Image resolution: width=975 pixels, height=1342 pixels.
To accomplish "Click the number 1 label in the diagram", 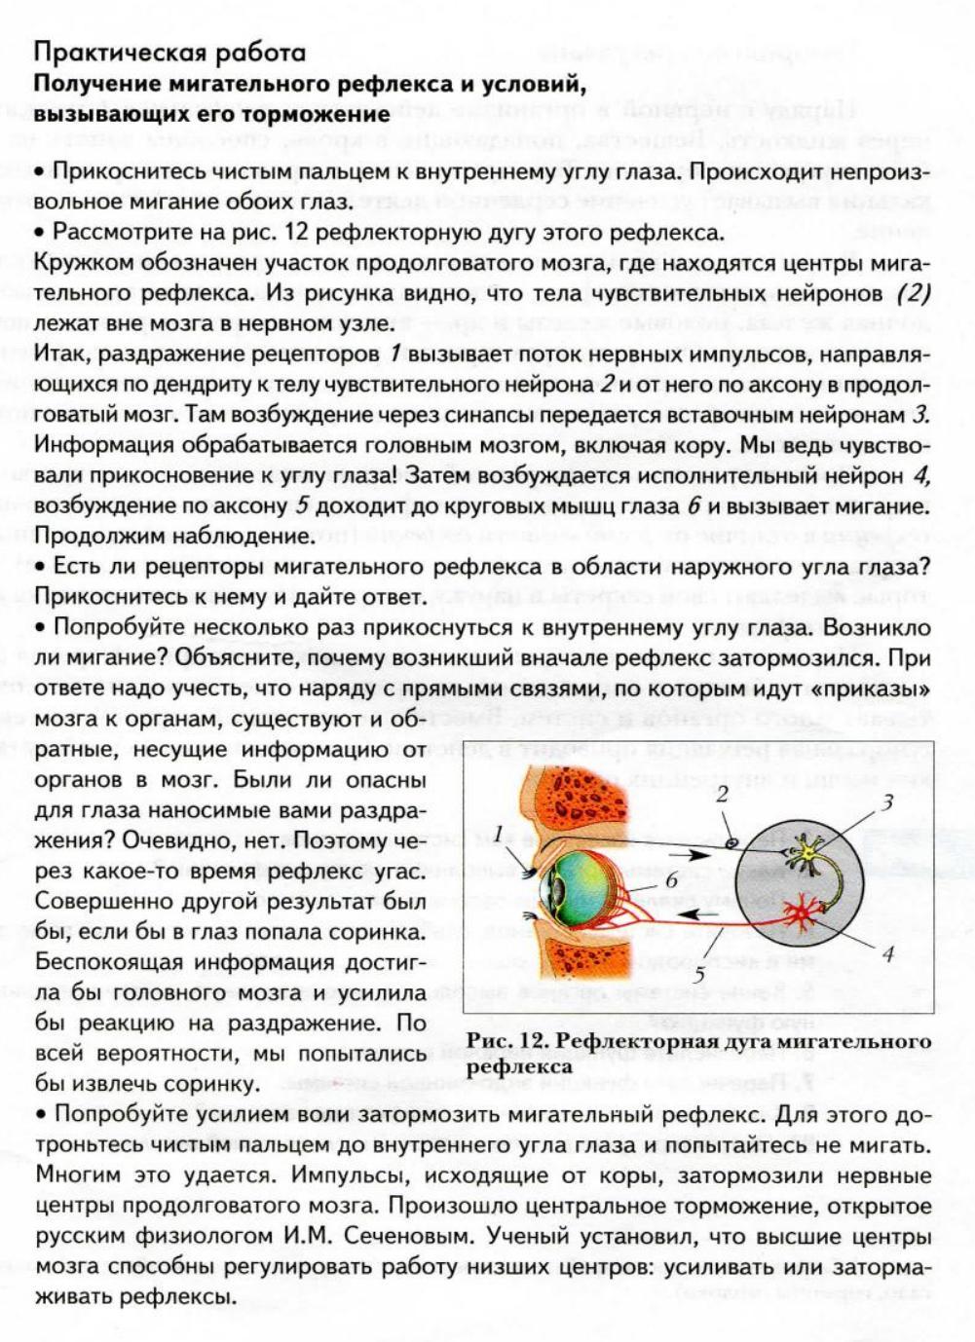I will (x=499, y=833).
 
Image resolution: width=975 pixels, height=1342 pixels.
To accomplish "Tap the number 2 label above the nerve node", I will (x=722, y=795).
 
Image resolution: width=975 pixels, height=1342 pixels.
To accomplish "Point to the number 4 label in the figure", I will (x=887, y=953).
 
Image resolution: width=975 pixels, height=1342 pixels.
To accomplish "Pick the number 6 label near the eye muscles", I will (x=671, y=880).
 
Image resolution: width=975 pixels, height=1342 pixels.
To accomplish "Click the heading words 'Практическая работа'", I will (x=169, y=53).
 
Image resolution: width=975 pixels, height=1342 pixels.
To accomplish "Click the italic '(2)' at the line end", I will (x=913, y=294).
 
